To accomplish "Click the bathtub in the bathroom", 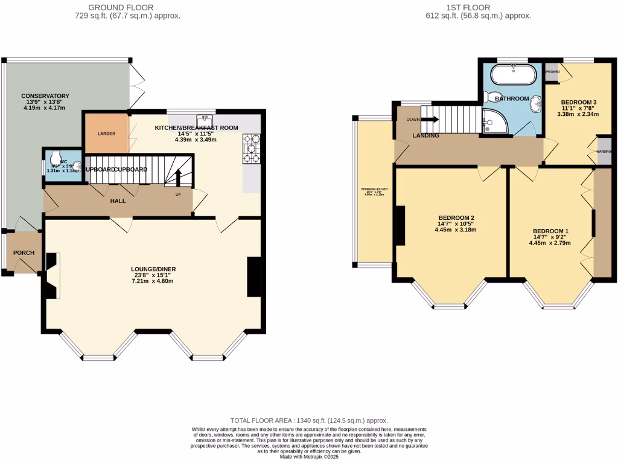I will [512, 76].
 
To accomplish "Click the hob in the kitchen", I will [251, 149].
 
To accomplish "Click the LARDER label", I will [98, 134].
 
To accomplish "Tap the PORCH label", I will [24, 253].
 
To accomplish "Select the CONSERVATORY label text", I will [45, 96].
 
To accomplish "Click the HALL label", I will [118, 201].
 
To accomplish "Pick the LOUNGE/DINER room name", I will [154, 269].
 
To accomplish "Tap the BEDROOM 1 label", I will [550, 231].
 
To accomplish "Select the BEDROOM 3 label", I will [578, 102].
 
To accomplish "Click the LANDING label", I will [425, 136].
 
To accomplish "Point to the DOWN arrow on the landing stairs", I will [430, 120].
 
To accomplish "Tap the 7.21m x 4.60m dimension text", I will [154, 281].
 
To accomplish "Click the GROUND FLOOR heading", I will [121, 7].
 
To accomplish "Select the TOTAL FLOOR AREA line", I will [309, 420].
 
